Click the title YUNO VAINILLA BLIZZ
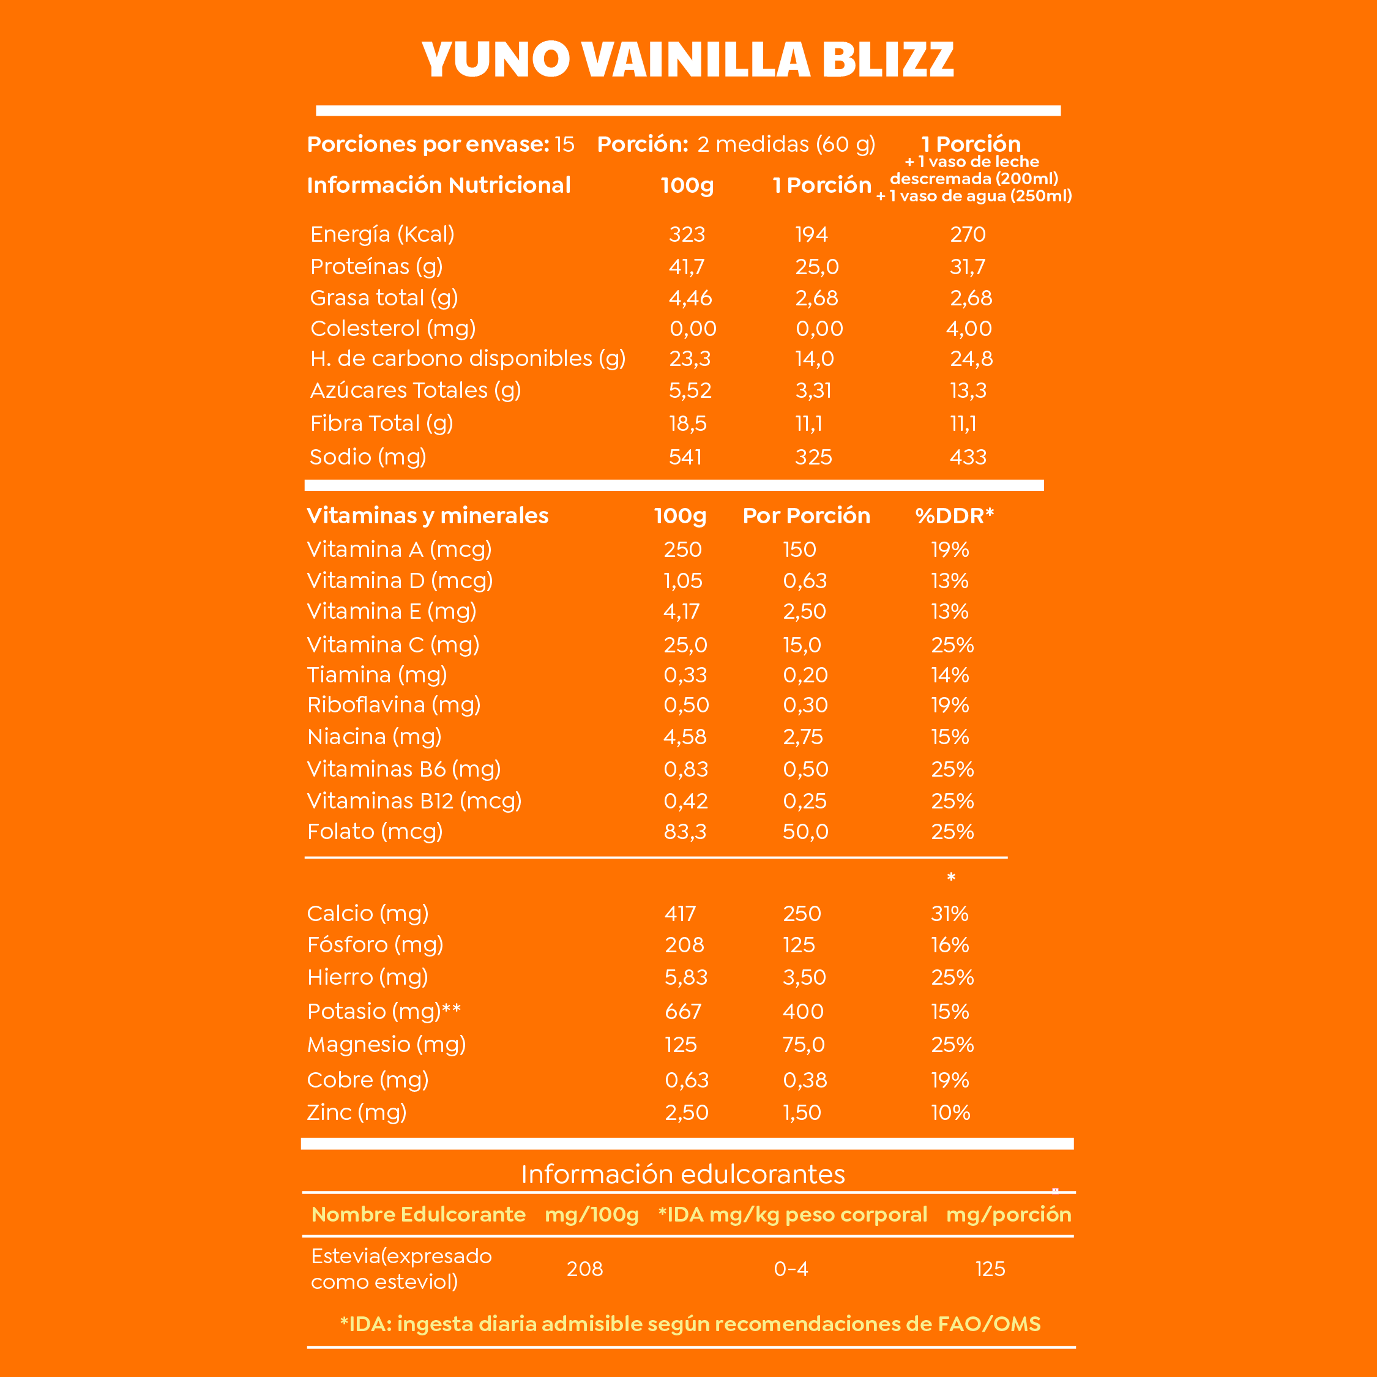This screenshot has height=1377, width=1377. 688,59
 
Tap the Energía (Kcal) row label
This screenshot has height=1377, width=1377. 382,234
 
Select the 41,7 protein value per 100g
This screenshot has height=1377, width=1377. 687,267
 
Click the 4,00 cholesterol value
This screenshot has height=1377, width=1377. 969,329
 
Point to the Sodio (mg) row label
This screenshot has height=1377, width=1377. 368,457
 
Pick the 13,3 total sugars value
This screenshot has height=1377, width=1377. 968,390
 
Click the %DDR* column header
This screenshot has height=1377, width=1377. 954,515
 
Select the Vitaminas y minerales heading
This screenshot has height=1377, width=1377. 428,515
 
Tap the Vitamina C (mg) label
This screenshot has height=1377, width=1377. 393,645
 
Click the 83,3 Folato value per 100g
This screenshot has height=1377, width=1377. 685,832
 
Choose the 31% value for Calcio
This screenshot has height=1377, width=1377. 949,914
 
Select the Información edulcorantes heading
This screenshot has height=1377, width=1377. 683,1174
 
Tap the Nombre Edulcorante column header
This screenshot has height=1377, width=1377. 419,1214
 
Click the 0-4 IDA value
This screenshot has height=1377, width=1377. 791,1269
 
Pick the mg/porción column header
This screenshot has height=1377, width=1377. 1009,1214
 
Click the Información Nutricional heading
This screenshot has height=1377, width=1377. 438,185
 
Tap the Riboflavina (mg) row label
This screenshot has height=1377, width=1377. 394,705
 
